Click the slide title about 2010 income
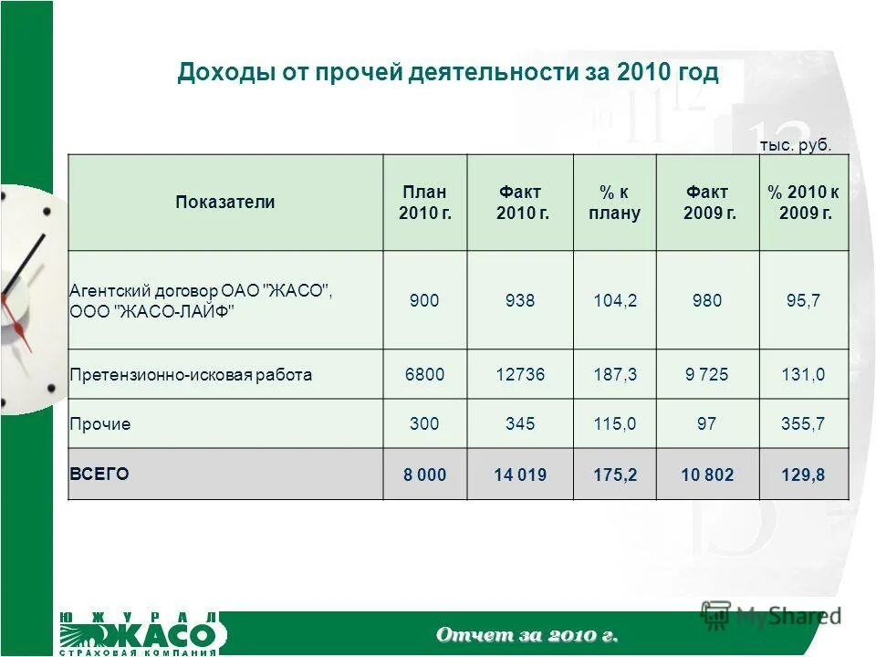pyautogui.click(x=448, y=73)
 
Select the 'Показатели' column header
pyautogui.click(x=224, y=203)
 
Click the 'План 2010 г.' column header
pyautogui.click(x=425, y=203)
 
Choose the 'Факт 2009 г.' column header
pyautogui.click(x=708, y=203)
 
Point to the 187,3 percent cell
pyautogui.click(x=613, y=374)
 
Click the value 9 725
pyautogui.click(x=707, y=374)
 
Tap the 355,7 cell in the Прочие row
pyautogui.click(x=803, y=424)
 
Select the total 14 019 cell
pyautogui.click(x=521, y=474)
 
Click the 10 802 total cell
pyautogui.click(x=707, y=474)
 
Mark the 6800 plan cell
pyautogui.click(x=424, y=374)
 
